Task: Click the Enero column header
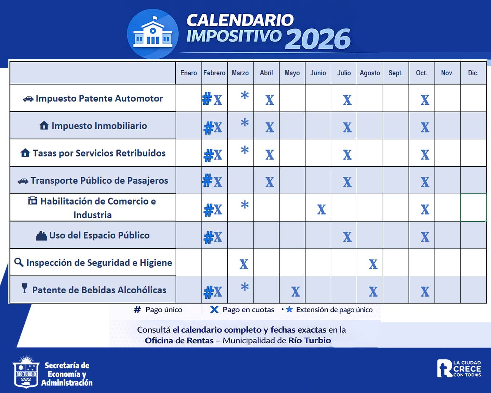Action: [x=188, y=73]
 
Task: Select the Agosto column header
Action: [x=370, y=73]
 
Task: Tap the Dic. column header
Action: [x=473, y=73]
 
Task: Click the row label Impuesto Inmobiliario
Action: [x=99, y=126]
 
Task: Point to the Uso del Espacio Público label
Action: [x=99, y=235]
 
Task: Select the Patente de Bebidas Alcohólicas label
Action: [x=99, y=290]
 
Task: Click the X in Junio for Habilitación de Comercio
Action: [x=321, y=210]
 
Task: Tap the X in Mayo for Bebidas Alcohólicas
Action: [x=295, y=291]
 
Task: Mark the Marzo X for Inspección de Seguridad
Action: [x=244, y=264]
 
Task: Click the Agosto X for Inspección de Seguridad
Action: [x=373, y=264]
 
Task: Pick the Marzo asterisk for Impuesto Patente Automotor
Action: [x=245, y=96]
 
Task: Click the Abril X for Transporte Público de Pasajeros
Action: [x=270, y=182]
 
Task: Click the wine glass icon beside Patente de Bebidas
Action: [x=24, y=289]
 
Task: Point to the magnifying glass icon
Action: [x=19, y=262]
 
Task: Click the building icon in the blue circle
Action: [x=153, y=33]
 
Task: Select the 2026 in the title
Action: [x=318, y=39]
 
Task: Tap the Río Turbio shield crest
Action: [x=26, y=372]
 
